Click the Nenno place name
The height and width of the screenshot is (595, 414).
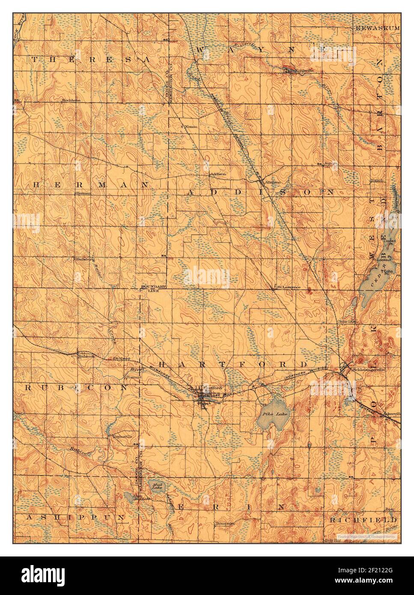(190, 127)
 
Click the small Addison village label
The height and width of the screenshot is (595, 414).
(217, 174)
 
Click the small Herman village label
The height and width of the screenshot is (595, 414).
(83, 193)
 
